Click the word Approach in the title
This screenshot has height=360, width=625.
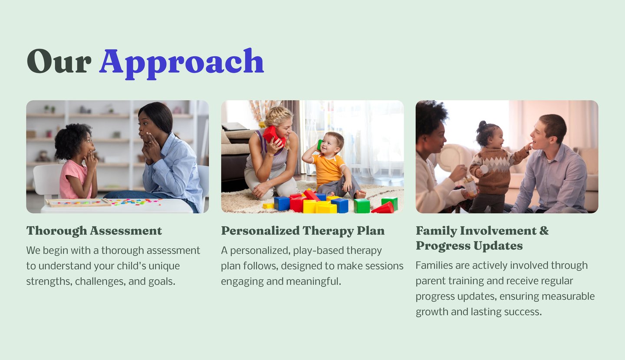click(181, 64)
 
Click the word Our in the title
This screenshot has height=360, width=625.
click(59, 61)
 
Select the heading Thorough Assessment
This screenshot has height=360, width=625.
click(94, 231)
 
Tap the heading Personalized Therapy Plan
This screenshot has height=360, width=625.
click(303, 231)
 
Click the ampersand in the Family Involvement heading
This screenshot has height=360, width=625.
click(544, 231)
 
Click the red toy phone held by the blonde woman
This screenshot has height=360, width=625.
click(273, 136)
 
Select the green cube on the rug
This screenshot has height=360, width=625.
click(362, 206)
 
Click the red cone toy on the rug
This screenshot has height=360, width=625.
click(384, 208)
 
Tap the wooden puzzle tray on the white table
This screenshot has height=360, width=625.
click(78, 203)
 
